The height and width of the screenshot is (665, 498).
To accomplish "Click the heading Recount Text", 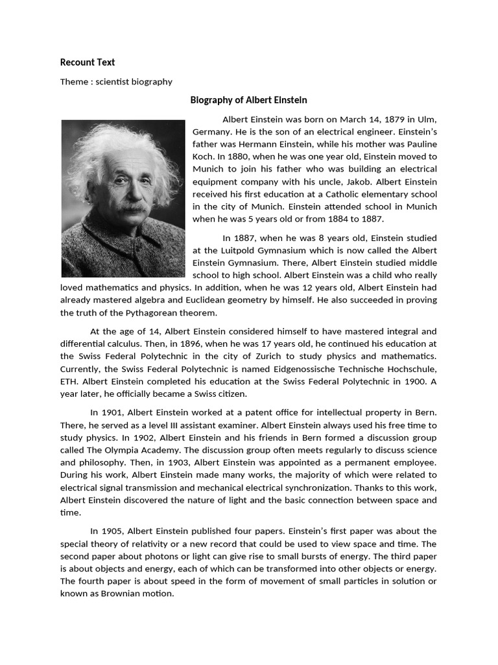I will [x=88, y=62].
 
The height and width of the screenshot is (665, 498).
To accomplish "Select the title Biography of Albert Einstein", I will [x=248, y=100].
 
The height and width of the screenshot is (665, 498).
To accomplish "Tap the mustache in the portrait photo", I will [x=132, y=208].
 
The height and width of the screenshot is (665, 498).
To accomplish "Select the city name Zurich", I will [x=285, y=356].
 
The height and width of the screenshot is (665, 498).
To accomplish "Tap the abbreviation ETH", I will [x=68, y=381].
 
